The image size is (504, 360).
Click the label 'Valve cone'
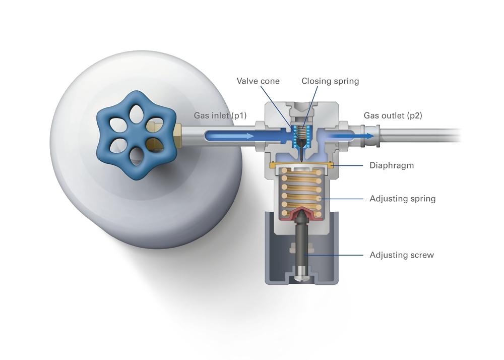click(x=258, y=81)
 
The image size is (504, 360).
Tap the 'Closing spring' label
click(x=330, y=81)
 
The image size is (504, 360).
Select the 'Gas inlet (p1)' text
click(x=220, y=116)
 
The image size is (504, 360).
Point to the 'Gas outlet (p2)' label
click(x=393, y=116)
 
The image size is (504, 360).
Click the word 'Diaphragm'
click(x=392, y=165)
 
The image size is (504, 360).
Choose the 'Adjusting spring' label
click(x=402, y=199)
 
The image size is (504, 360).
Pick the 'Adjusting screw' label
click(x=401, y=255)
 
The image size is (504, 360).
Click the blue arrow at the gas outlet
click(x=353, y=135)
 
